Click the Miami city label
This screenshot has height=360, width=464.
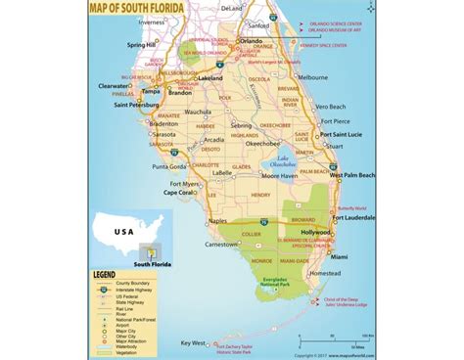[340, 254]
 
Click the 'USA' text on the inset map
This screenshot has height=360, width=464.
[123, 232]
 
